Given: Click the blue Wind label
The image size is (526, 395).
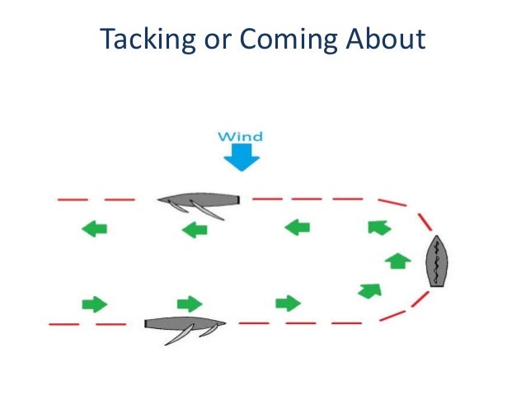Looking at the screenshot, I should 241,135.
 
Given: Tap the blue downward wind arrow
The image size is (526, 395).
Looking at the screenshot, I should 242,158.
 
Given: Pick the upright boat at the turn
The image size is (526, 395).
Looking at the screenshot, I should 434,261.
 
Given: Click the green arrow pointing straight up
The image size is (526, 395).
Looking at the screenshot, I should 398,261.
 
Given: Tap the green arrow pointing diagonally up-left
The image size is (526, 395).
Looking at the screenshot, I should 378,227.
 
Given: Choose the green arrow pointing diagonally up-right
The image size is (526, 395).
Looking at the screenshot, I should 370,289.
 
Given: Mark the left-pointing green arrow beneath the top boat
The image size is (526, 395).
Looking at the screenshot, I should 195,229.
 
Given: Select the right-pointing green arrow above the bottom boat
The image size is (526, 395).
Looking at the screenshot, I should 190,303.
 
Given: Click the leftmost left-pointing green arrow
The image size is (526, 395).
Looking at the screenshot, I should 95,228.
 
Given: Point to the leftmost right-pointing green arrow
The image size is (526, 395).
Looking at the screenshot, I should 95,303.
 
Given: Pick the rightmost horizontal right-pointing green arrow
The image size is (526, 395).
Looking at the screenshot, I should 288,303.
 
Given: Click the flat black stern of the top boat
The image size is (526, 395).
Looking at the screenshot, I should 237,200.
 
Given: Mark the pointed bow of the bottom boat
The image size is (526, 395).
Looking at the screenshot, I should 223,324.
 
